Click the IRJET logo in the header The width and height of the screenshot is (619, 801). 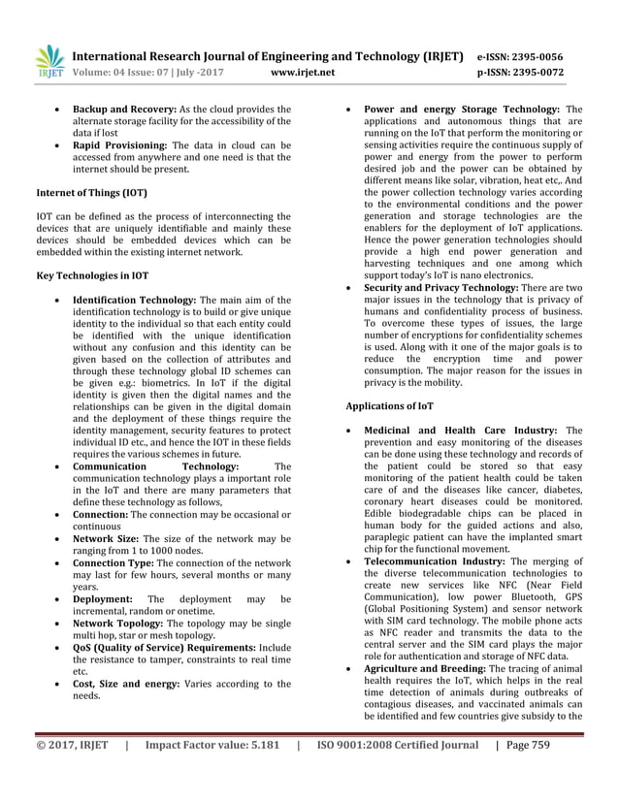(49, 62)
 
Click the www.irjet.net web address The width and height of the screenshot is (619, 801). (304, 72)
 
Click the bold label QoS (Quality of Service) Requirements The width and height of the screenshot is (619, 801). (164, 647)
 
